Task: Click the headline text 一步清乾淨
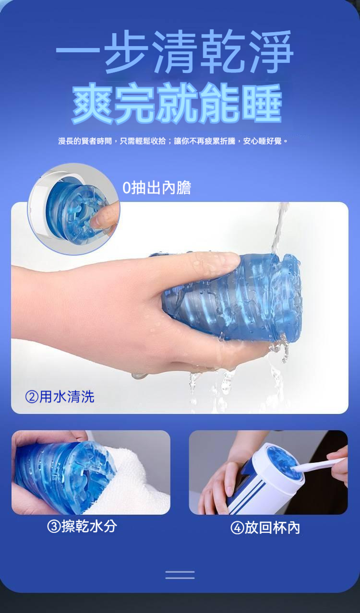pos(174,51)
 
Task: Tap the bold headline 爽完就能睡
pos(177,103)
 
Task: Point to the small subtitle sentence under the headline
pos(173,141)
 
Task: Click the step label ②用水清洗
pos(60,397)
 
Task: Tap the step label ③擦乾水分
pos(82,526)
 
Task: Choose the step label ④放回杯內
pos(265,527)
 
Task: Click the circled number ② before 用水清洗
pos(32,397)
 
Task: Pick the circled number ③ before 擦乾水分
pos(54,527)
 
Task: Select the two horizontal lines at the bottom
pos(180,575)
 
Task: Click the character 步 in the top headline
pos(125,51)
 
